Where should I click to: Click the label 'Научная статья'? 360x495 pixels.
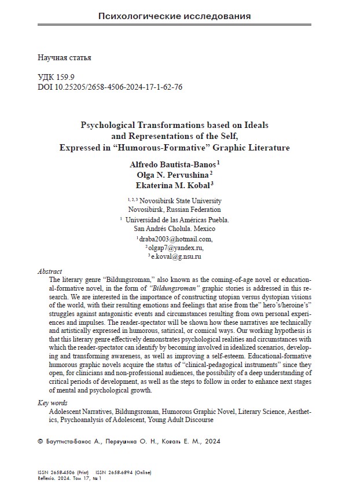pyautogui.click(x=64, y=58)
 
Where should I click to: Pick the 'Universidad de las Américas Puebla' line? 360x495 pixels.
pyautogui.click(x=178, y=219)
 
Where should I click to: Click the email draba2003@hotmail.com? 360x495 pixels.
pyautogui.click(x=176, y=239)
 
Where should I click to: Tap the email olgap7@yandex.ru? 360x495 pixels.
pyautogui.click(x=176, y=247)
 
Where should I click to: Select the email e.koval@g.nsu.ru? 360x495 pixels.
pyautogui.click(x=176, y=256)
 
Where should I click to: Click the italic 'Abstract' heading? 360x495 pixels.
pyautogui.click(x=50, y=271)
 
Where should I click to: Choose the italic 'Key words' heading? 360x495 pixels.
pyautogui.click(x=52, y=403)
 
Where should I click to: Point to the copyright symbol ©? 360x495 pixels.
pyautogui.click(x=40, y=441)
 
